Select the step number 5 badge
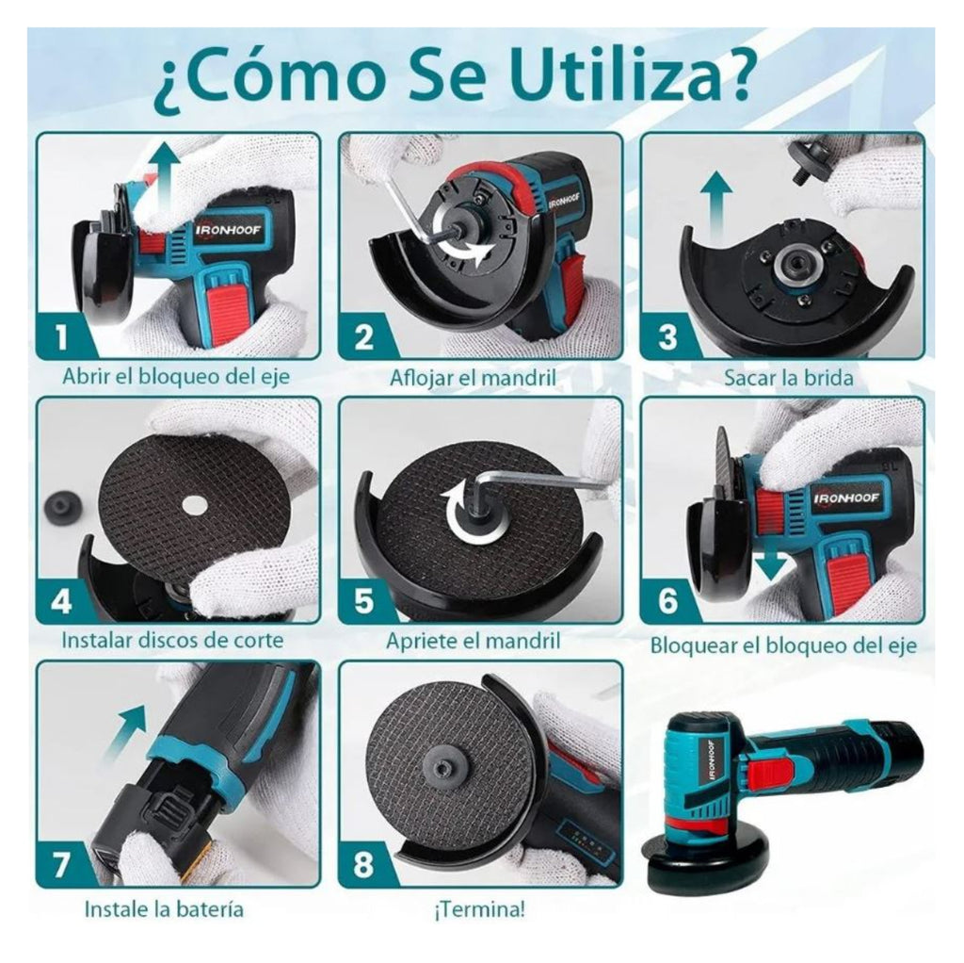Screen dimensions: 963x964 click(363, 599)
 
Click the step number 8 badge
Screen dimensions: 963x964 click(363, 864)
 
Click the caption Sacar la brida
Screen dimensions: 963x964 click(788, 378)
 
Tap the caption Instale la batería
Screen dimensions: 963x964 click(164, 910)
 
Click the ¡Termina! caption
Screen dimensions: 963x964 click(479, 910)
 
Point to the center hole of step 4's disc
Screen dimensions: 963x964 click(195, 504)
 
